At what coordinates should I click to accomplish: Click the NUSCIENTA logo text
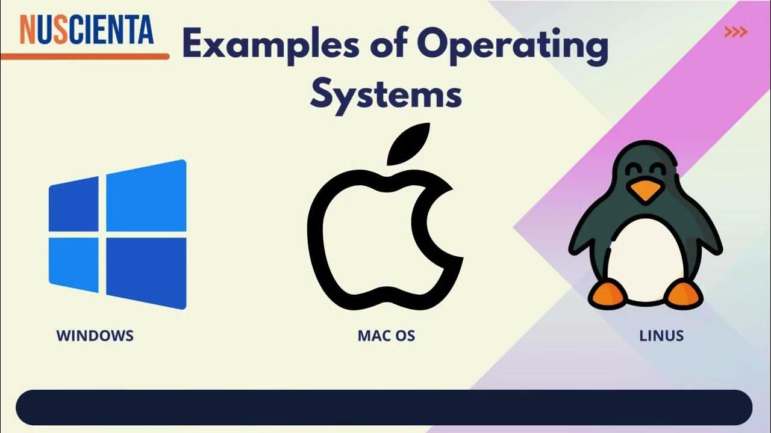click(x=87, y=30)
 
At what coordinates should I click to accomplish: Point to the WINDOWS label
click(x=95, y=336)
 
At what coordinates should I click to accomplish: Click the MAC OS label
click(x=386, y=336)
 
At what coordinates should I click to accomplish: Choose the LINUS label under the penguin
click(x=661, y=336)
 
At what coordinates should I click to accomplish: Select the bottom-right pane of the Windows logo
click(x=146, y=273)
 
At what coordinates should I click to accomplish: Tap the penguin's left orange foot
click(x=606, y=294)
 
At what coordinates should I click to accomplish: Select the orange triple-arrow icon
click(x=735, y=32)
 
